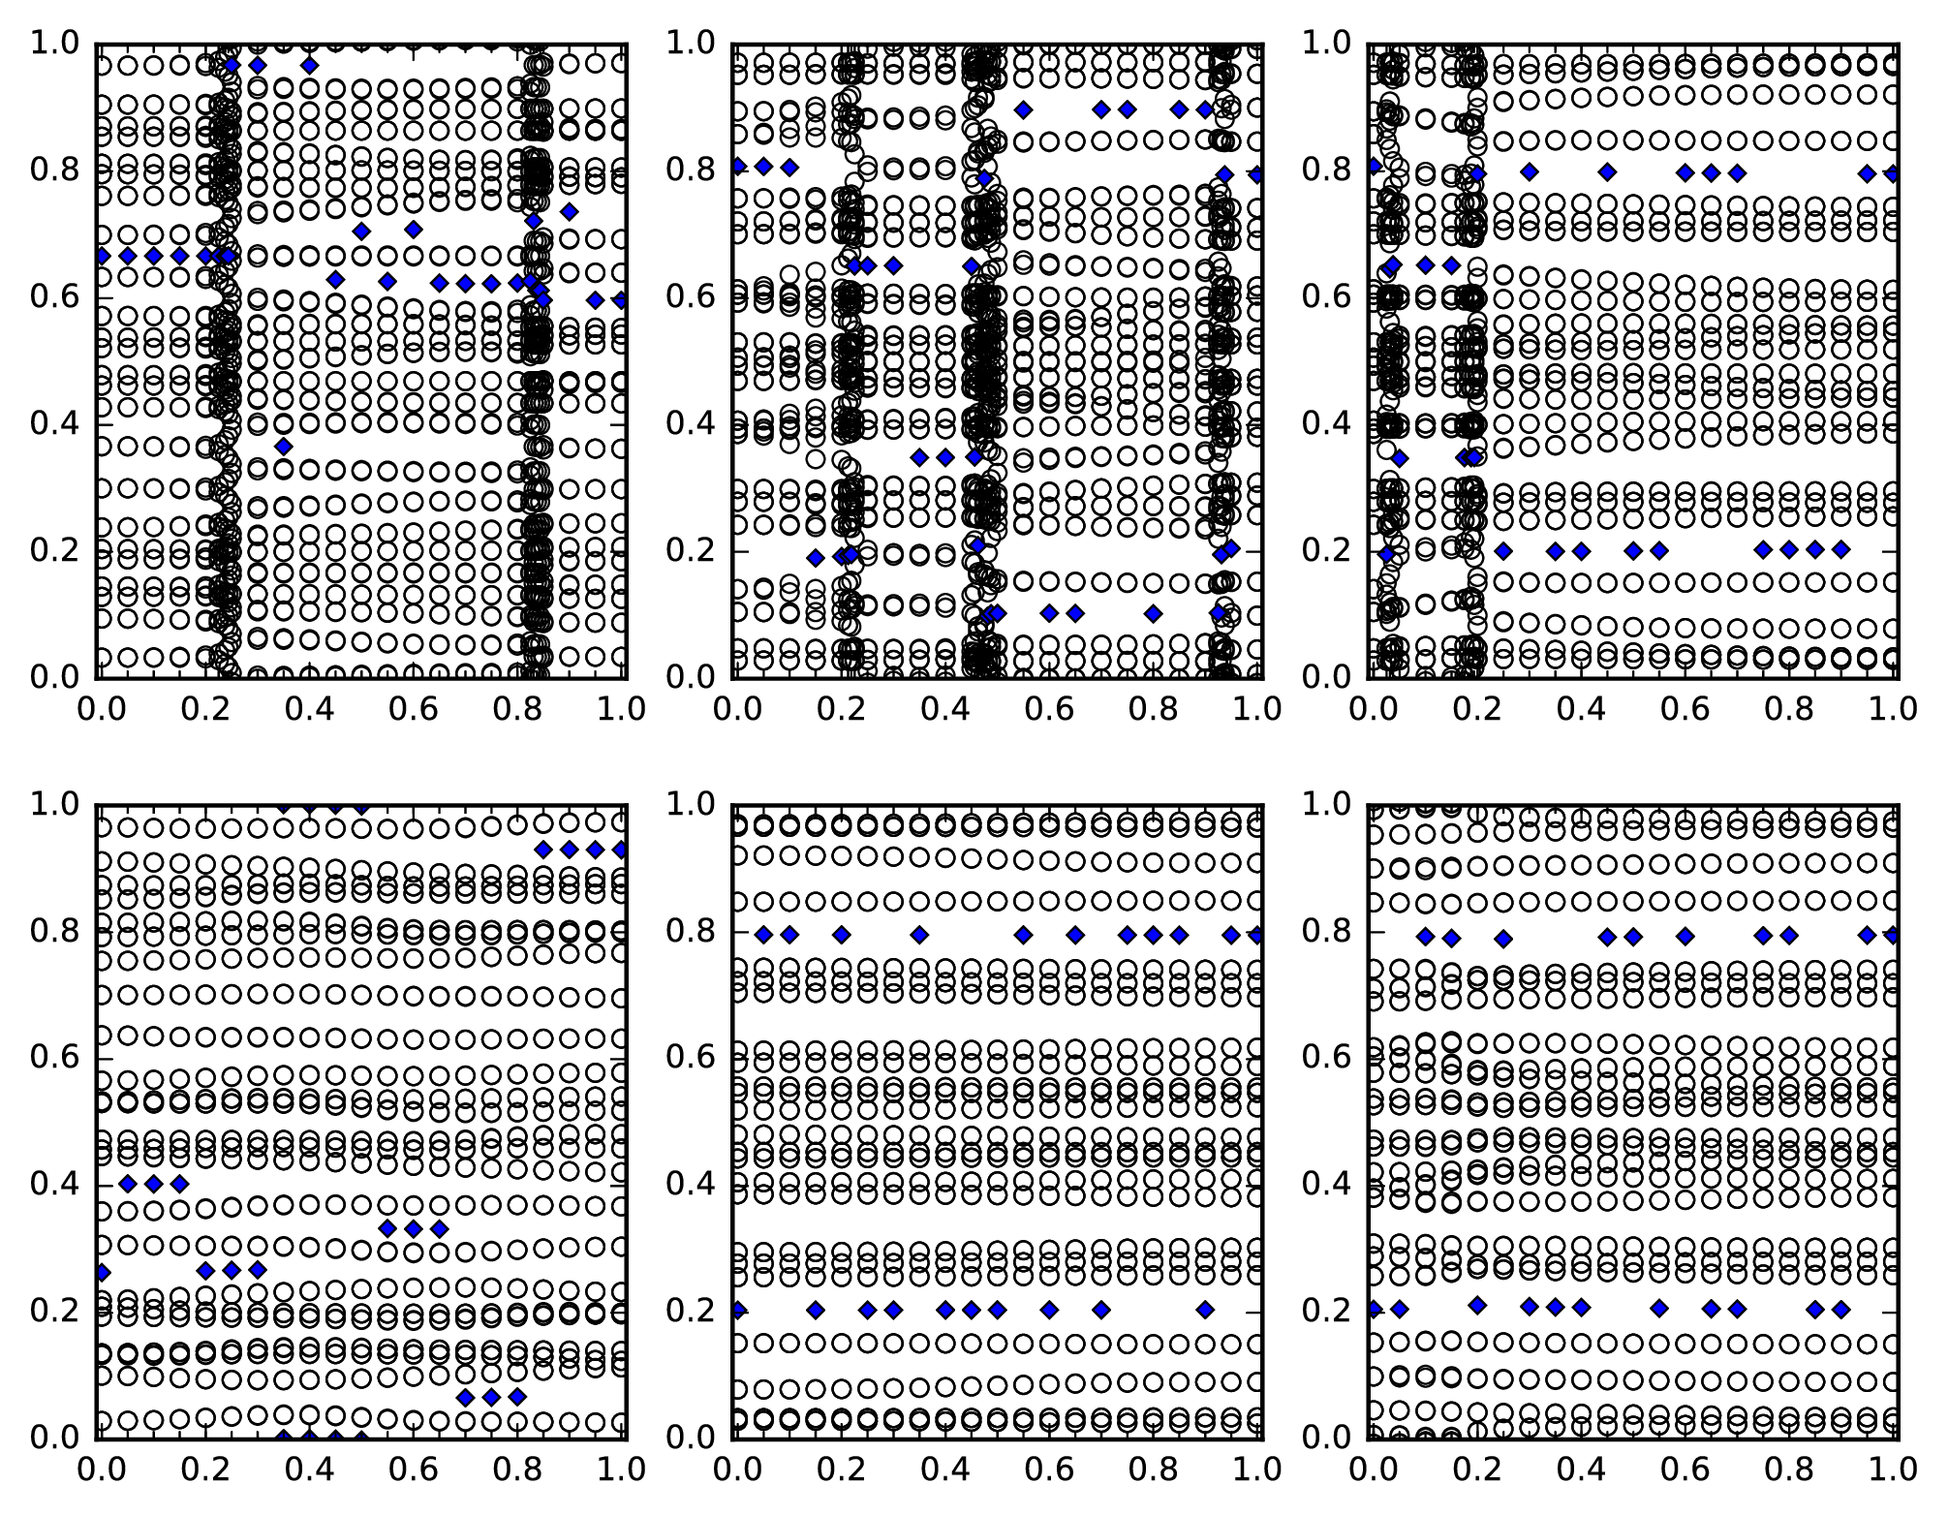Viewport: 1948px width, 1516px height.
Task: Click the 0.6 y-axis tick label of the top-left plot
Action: click(55, 296)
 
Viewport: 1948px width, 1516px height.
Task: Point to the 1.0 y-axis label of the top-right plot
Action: click(1326, 44)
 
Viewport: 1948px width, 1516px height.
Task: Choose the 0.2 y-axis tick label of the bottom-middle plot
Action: click(691, 1311)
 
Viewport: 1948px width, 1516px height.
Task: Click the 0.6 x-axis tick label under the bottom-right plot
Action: click(1685, 1470)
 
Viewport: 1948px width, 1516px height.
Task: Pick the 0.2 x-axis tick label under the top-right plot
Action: click(1474, 709)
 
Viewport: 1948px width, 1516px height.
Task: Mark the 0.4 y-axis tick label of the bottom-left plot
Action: click(55, 1184)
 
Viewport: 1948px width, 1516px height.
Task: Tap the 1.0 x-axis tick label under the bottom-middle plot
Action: click(1257, 1470)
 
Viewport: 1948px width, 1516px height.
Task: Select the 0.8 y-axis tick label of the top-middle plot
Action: click(691, 170)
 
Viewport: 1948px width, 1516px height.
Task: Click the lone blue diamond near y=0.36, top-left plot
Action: click(283, 447)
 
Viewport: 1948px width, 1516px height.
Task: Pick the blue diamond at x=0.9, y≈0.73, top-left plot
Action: click(570, 211)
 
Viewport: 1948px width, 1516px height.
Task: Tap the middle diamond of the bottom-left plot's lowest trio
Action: click(491, 1397)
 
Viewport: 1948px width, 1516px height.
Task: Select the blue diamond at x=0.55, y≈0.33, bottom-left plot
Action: click(387, 1228)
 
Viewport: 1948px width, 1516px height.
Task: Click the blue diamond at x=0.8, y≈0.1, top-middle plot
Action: click(1153, 613)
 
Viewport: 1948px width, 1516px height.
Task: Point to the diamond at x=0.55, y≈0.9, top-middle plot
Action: click(1023, 109)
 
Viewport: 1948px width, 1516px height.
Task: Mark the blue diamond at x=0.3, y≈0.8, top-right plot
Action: click(1530, 172)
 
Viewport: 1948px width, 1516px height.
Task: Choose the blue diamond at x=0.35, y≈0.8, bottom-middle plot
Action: click(919, 935)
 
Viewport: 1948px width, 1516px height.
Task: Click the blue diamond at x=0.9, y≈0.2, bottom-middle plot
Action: click(1205, 1310)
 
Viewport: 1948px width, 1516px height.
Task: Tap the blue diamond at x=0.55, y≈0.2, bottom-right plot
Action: click(1659, 1309)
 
